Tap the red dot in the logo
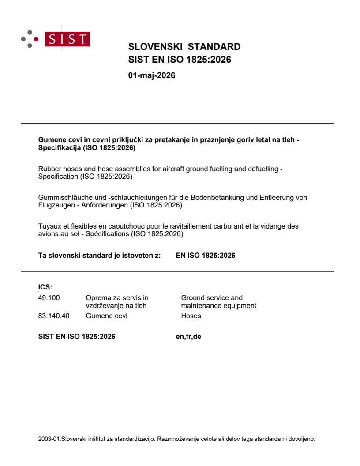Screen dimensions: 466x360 coord(36,39)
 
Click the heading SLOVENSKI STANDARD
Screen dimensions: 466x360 coord(184,47)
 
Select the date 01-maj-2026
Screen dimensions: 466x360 coord(151,75)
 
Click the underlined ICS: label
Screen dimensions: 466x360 coord(45,287)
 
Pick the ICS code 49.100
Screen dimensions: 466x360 coord(49,297)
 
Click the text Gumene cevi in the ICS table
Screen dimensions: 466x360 coord(107,316)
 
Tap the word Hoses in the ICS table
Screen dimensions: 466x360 coord(191,316)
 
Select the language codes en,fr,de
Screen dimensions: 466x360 coord(188,337)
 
